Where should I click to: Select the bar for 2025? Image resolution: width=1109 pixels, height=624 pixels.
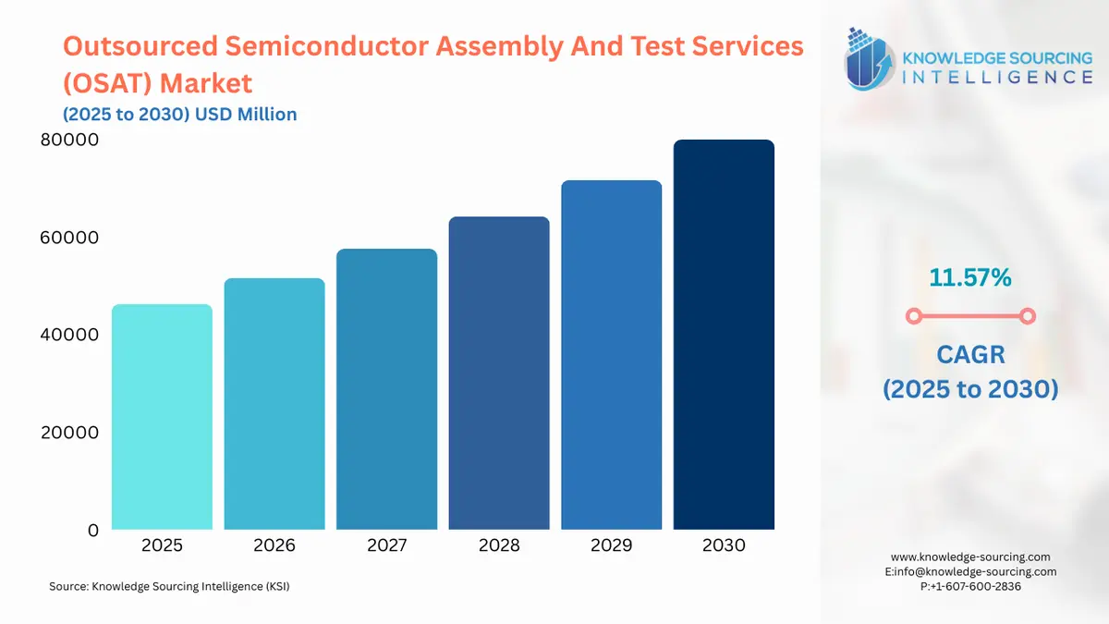point(162,417)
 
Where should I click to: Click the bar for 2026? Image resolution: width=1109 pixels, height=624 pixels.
point(274,404)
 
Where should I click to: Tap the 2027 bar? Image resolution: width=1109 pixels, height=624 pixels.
point(386,389)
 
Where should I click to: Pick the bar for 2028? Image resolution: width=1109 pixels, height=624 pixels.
point(499,373)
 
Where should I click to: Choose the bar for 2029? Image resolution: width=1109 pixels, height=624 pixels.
point(611,355)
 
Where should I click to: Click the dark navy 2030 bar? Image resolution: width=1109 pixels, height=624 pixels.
point(724,335)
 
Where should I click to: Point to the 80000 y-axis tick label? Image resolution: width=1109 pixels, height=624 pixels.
point(67,141)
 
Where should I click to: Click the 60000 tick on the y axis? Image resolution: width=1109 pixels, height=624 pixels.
point(67,238)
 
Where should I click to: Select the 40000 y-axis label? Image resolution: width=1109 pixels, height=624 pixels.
point(67,335)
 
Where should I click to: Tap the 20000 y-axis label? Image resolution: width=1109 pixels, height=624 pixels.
point(67,433)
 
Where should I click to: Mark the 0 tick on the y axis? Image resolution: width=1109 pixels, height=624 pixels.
point(92,531)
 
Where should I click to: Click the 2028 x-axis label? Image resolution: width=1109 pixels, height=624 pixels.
point(499,545)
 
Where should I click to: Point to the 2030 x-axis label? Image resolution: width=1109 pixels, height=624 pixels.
point(724,545)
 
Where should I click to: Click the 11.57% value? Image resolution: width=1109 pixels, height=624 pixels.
point(970,276)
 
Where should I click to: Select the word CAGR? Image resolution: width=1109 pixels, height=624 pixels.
point(970,354)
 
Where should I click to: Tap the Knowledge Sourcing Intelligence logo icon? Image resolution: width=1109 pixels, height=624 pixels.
point(869,59)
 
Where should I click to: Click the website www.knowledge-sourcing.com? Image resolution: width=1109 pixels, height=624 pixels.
point(970,557)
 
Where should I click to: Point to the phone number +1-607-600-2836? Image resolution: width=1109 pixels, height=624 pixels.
point(976,586)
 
